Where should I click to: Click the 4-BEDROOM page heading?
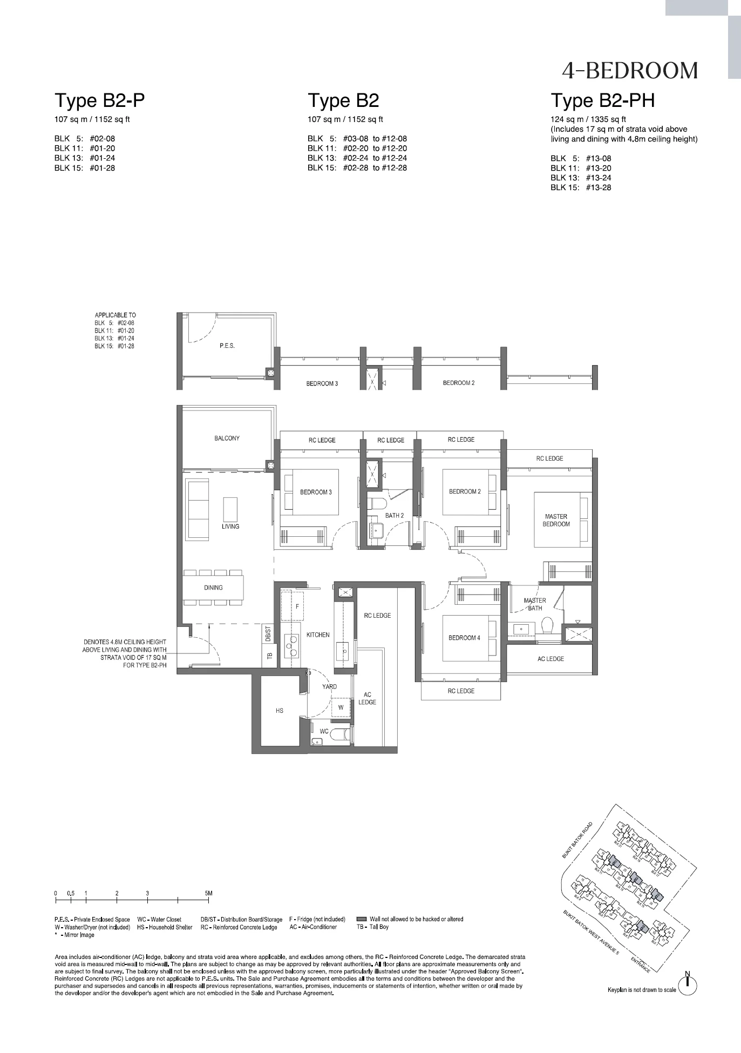click(x=629, y=71)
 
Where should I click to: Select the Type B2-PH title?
click(x=602, y=100)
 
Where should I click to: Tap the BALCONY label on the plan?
click(x=227, y=438)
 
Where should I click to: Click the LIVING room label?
click(x=230, y=526)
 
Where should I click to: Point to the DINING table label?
click(x=213, y=588)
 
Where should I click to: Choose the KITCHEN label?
click(x=318, y=634)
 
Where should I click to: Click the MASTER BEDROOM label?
click(x=556, y=520)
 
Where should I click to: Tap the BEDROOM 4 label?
click(x=464, y=638)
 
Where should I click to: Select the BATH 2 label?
click(x=395, y=515)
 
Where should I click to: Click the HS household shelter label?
click(x=280, y=711)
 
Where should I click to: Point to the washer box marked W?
click(x=341, y=707)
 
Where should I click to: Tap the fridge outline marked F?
click(x=297, y=606)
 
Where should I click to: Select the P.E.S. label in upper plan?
click(x=227, y=346)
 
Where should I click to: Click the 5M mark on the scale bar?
click(x=208, y=893)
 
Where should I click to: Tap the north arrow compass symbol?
click(x=688, y=986)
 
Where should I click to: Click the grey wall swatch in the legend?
click(x=361, y=919)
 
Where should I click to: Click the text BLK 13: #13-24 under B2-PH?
click(x=581, y=178)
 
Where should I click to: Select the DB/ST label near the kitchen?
click(x=268, y=633)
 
